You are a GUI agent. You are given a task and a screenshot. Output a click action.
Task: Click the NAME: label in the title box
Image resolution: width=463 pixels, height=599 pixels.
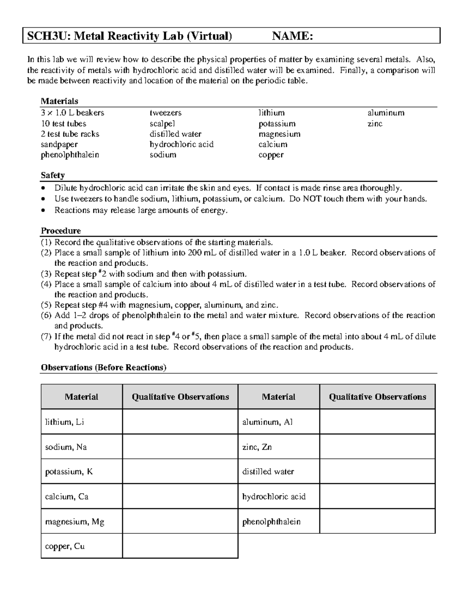(292, 36)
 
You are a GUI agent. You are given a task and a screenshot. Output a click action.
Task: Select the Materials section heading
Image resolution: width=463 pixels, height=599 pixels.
(59, 101)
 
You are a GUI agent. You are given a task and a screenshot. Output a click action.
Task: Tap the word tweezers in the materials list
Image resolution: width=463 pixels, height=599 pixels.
(166, 113)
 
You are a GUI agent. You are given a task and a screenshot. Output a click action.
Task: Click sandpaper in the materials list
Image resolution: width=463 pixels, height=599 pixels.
(59, 145)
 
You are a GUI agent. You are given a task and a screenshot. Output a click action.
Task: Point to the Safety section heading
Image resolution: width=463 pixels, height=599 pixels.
(53, 175)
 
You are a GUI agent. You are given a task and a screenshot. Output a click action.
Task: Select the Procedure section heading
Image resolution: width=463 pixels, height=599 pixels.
(61, 231)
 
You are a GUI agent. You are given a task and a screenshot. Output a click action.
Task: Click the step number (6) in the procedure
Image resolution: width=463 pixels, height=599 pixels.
(46, 316)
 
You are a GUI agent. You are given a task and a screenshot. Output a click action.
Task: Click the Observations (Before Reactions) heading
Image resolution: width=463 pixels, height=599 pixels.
(103, 367)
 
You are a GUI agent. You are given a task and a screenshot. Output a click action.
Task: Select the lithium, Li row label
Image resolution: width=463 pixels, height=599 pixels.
(64, 422)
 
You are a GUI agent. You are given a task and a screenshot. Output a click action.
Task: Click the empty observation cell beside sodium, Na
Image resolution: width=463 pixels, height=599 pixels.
(180, 447)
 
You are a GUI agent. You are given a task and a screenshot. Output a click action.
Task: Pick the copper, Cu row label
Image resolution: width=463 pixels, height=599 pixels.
(65, 546)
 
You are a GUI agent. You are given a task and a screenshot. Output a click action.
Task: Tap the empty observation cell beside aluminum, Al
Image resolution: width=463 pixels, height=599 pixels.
(377, 422)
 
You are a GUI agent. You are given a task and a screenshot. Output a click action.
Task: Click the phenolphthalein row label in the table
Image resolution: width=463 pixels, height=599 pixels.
(271, 521)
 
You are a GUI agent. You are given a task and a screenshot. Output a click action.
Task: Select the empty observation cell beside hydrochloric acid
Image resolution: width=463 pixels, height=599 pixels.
(377, 496)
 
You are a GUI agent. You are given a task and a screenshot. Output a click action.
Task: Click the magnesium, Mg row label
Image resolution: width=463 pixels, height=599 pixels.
(74, 521)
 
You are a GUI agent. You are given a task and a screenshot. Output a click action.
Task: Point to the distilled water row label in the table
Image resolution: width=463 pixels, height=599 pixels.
(268, 472)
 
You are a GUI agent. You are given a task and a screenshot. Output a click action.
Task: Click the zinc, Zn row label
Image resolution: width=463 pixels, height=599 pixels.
(257, 447)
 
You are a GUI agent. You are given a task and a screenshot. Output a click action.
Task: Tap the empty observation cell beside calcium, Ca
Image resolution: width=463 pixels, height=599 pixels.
(180, 496)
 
